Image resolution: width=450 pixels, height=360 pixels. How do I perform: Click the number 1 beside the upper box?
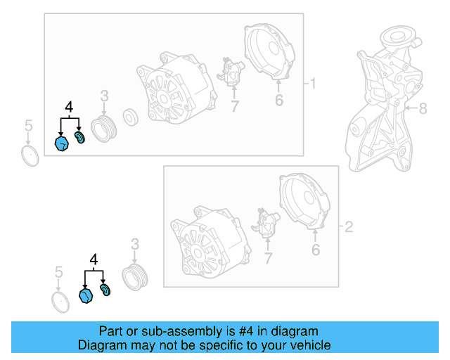coord(313,84)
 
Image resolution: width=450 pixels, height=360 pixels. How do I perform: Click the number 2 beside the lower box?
coord(349,227)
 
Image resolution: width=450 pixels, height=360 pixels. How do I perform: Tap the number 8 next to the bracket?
coord(423,108)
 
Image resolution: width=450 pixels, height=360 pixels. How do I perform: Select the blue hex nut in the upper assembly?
coord(62,143)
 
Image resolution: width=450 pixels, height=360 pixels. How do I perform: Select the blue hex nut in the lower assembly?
coord(86,296)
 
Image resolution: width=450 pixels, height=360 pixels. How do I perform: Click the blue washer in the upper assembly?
coord(79,138)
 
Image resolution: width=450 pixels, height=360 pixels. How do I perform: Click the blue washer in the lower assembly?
coord(105,290)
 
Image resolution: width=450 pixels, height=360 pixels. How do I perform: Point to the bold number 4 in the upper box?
coord(69,107)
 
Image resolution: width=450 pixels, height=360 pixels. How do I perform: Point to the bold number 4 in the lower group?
coord(94,259)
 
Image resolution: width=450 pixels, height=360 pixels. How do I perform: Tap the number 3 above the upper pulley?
coord(105,96)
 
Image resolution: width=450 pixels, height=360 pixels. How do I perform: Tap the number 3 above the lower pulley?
coord(135,244)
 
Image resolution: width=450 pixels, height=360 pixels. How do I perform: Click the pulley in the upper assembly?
coord(103,129)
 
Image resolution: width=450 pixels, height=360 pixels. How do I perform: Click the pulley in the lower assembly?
coord(135,277)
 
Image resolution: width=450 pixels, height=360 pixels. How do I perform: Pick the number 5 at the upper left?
coord(28,126)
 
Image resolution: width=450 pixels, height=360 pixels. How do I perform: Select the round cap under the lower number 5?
coord(60,302)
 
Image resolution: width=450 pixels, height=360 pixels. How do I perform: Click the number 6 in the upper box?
coord(279,100)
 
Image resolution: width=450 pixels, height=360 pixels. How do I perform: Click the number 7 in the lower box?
coord(268,258)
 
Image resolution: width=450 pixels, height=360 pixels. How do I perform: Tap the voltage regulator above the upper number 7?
coord(231,71)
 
